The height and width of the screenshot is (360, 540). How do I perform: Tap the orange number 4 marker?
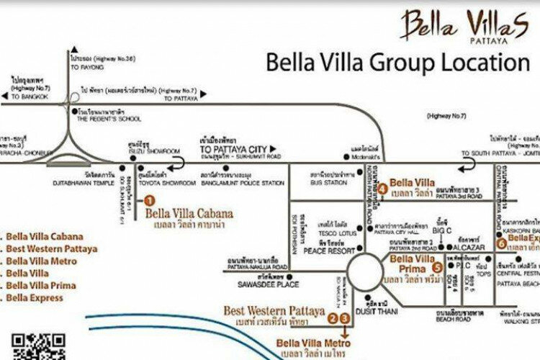click(x=383, y=189)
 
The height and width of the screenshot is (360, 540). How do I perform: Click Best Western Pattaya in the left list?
click(x=52, y=248)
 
